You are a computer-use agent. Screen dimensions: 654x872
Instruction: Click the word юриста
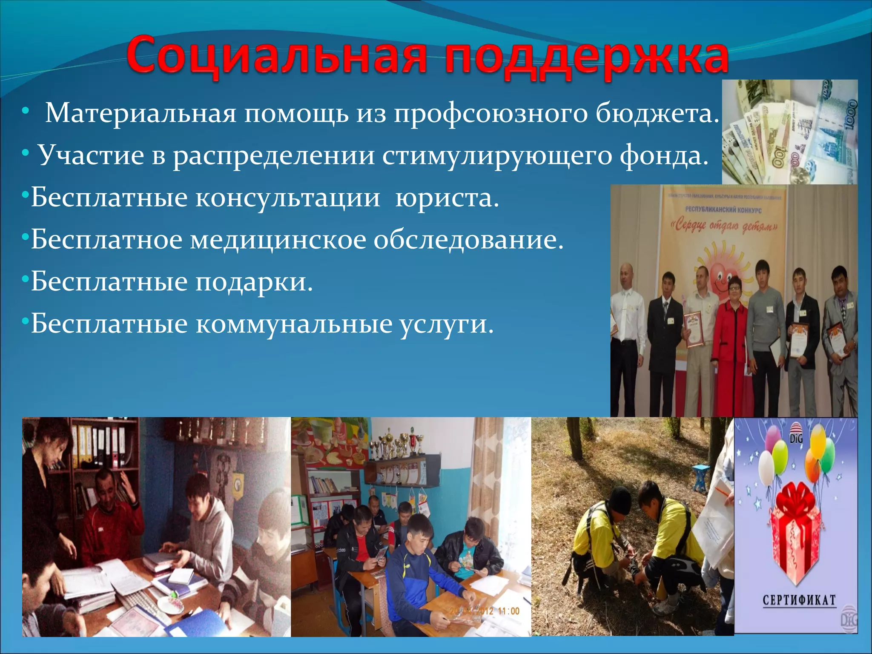coord(447,198)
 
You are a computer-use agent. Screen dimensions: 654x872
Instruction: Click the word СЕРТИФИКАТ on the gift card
coord(799,600)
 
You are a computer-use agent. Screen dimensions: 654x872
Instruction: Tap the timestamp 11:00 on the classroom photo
coord(508,611)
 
